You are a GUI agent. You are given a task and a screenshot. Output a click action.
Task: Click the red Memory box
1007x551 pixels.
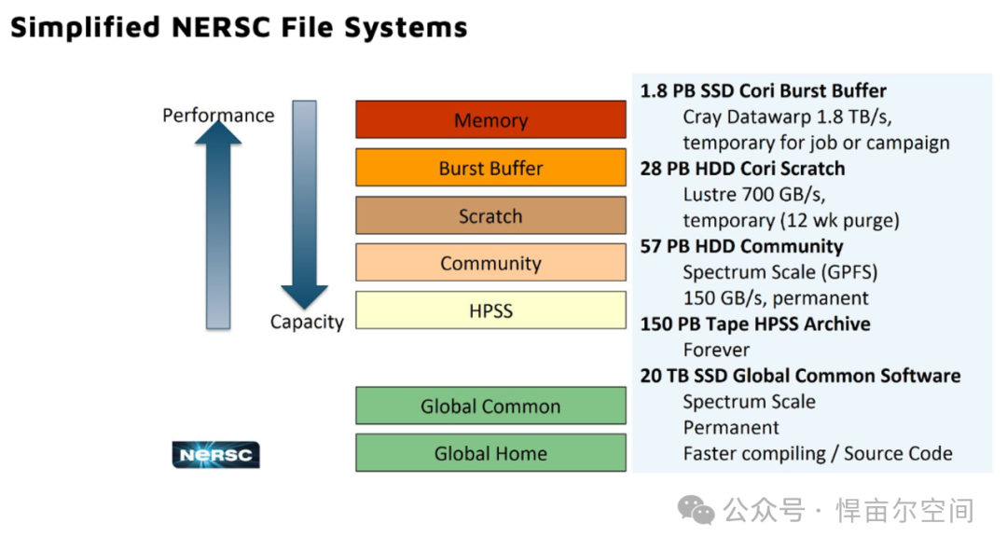click(490, 119)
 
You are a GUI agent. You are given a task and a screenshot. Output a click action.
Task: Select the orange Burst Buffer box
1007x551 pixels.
click(490, 168)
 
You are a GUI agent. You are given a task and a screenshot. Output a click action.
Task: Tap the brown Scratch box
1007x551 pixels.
click(490, 215)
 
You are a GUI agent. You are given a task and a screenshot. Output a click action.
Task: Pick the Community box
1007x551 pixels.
click(490, 263)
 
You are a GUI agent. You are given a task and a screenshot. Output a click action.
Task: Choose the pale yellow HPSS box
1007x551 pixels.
click(490, 310)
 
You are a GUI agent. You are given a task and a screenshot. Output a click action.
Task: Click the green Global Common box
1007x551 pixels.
click(490, 406)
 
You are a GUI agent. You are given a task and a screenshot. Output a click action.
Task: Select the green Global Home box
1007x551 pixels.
click(490, 453)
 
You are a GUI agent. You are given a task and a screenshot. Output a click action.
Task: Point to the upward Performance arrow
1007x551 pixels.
click(218, 225)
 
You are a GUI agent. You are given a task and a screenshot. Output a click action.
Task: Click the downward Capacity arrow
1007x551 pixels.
click(304, 204)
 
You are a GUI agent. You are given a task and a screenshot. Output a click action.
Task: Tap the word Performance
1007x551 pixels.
click(218, 115)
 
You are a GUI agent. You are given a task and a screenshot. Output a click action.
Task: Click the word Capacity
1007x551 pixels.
click(307, 321)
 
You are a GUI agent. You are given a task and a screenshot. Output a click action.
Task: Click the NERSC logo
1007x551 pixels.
click(215, 455)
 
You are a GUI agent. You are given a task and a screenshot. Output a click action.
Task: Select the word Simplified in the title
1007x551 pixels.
click(86, 28)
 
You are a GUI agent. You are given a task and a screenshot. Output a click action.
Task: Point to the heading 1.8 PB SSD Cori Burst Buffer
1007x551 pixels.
click(763, 90)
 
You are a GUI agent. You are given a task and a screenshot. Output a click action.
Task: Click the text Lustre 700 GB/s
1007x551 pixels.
click(754, 194)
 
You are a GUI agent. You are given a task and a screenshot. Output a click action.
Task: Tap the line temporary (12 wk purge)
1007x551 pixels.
click(792, 220)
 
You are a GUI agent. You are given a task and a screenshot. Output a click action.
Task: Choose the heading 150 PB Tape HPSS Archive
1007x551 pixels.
click(755, 324)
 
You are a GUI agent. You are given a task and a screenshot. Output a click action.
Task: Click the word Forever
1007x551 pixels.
click(716, 350)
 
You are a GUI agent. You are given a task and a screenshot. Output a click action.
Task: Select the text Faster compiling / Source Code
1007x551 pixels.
click(818, 453)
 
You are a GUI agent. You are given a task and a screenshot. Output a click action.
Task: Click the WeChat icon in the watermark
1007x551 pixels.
click(697, 510)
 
